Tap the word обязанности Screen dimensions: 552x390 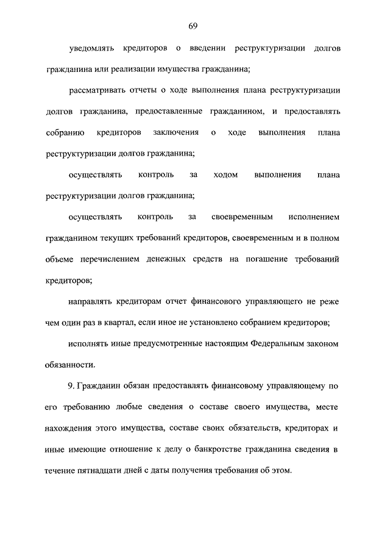click(x=70, y=365)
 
